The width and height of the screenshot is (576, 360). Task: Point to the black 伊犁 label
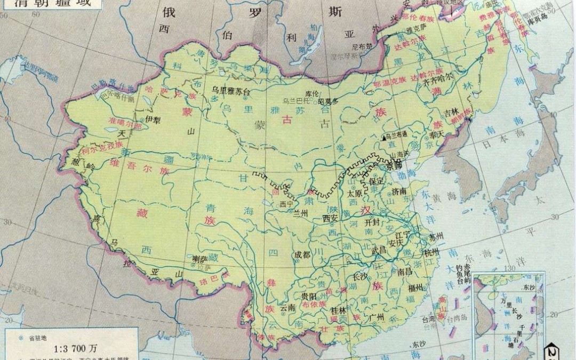146,120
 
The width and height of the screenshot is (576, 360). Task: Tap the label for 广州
377,317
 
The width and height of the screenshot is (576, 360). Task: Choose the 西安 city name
331,218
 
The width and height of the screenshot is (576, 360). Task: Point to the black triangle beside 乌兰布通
384,137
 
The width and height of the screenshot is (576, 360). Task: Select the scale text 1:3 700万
75,348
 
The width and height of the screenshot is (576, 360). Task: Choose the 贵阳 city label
309,296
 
